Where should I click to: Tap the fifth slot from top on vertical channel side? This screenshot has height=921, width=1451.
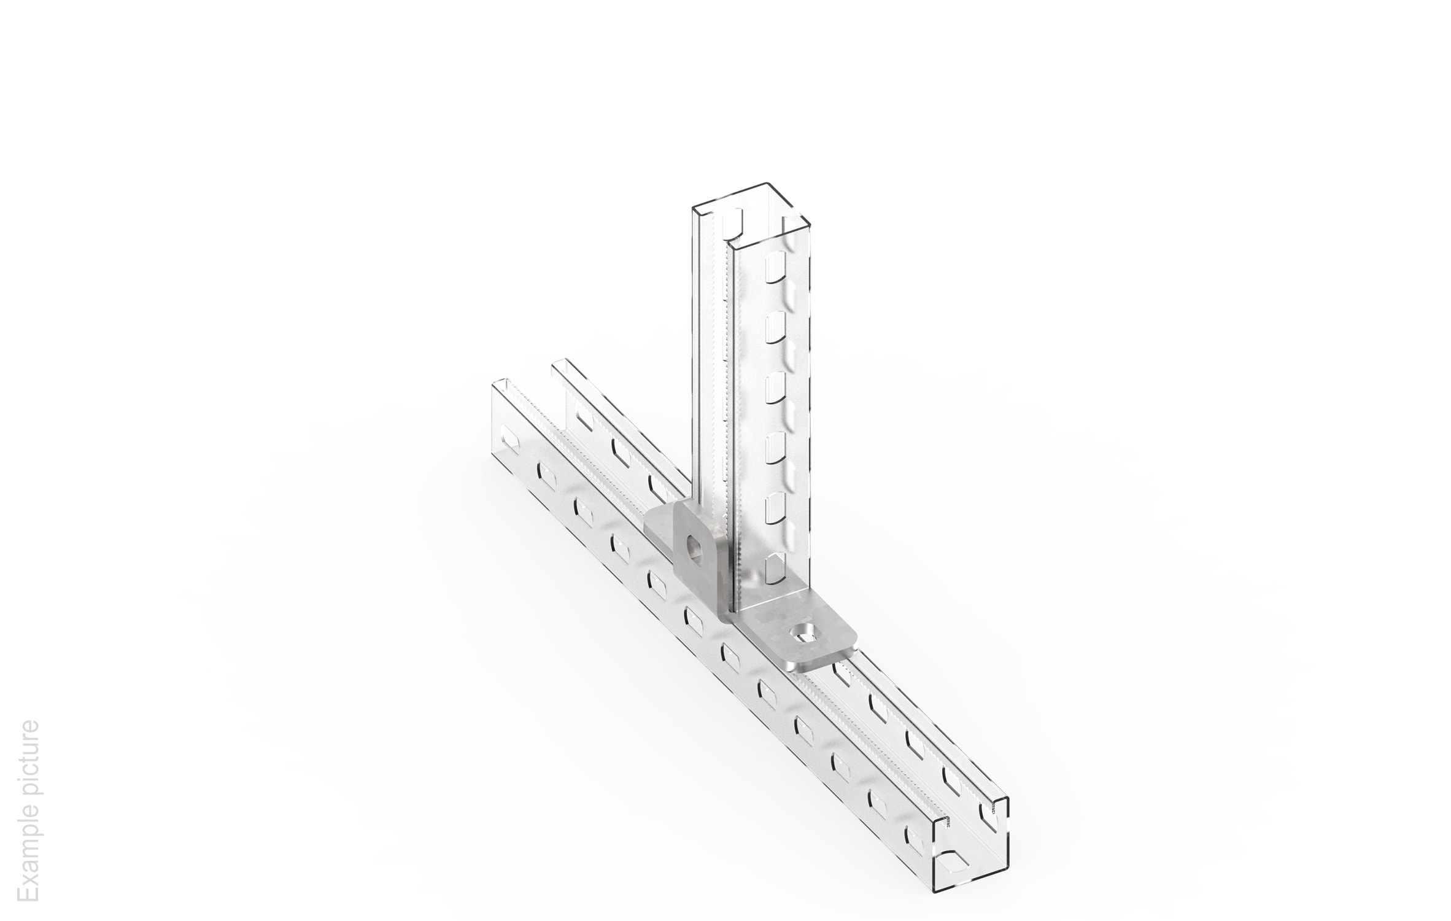(775, 507)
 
